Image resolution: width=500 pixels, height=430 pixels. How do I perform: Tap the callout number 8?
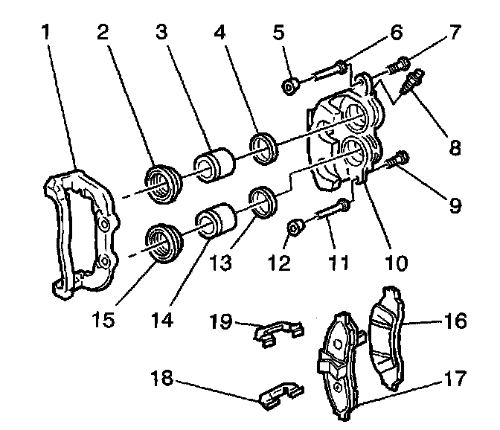coord(453,148)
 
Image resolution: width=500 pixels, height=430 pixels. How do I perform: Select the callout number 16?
coord(456,321)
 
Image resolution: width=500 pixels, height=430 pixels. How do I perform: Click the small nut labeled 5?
coord(290,86)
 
